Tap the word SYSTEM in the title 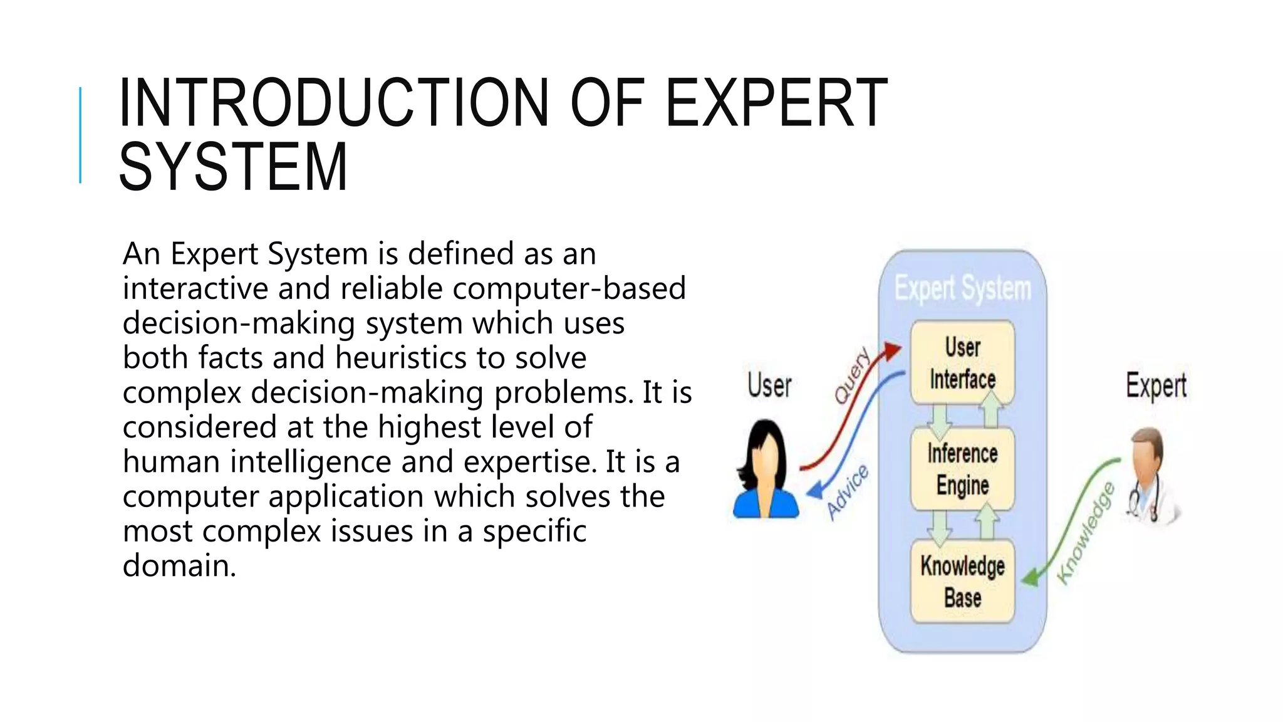233,167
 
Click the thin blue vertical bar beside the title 80,135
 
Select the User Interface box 962,363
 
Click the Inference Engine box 962,469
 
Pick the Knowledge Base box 962,581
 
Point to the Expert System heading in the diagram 962,289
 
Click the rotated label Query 853,375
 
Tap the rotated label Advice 847,493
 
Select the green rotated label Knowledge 1086,534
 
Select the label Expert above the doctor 1156,385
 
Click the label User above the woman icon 769,385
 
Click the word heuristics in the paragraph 402,358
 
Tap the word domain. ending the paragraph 179,565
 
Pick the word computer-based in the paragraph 569,288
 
